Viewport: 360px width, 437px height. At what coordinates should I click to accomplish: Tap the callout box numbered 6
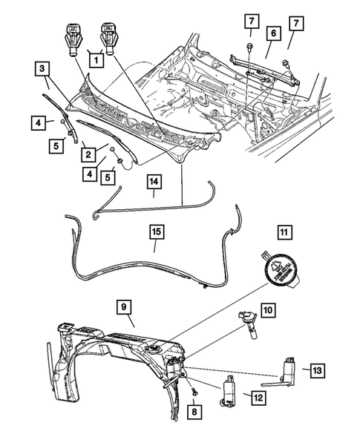click(273, 33)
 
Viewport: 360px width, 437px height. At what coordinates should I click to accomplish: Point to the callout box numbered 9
click(124, 306)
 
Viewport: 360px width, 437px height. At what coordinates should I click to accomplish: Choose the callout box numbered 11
click(283, 233)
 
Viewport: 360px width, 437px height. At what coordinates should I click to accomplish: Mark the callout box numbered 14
click(154, 181)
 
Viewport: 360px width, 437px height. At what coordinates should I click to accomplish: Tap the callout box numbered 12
click(258, 398)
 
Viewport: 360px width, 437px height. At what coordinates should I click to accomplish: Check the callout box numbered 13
click(318, 369)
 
